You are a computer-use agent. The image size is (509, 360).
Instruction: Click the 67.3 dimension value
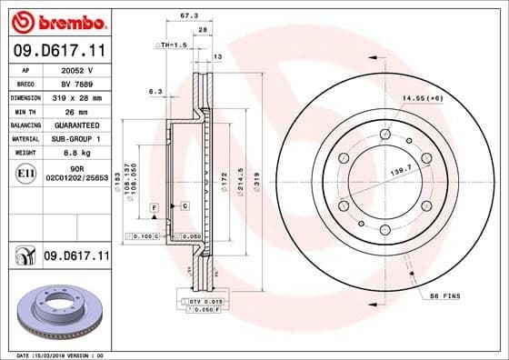(189, 15)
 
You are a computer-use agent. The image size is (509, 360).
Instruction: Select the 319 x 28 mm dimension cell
(75, 95)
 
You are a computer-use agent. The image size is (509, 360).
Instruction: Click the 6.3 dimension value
(155, 91)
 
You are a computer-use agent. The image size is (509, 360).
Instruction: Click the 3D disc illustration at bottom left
(56, 309)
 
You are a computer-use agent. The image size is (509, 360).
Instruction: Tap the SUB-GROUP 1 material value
(75, 138)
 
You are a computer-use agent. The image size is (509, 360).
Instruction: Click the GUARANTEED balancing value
(75, 125)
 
